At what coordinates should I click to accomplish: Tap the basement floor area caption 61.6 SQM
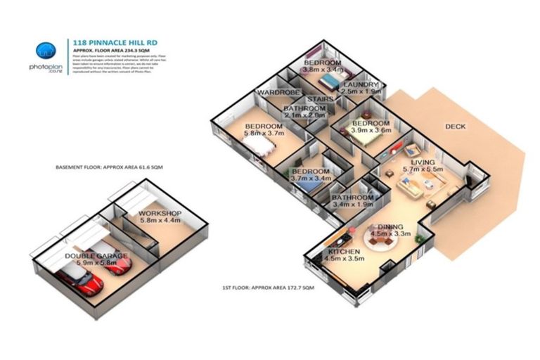(109, 168)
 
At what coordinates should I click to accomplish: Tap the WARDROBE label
(279, 93)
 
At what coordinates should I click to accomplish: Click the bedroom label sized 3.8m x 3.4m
(322, 66)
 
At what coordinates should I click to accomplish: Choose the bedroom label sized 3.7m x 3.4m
(311, 175)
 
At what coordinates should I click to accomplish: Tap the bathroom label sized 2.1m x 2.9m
(304, 112)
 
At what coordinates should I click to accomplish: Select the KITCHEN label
(343, 255)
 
